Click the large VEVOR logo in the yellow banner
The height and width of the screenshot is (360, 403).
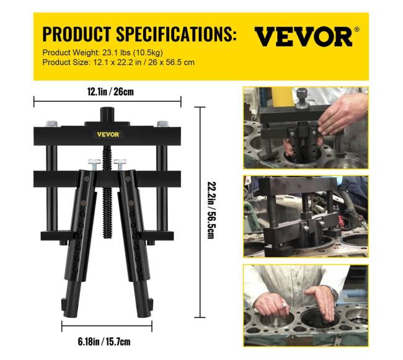(x=303, y=37)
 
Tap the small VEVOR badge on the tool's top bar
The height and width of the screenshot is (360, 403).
(x=108, y=134)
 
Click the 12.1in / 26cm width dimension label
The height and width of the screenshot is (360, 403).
(x=110, y=92)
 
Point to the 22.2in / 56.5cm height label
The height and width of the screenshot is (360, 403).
(x=211, y=210)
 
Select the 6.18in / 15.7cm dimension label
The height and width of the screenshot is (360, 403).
(x=104, y=342)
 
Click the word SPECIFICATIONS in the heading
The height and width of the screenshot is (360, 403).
(x=176, y=34)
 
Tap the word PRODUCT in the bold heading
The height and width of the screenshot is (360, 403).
(x=77, y=34)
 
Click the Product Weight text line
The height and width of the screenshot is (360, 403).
(x=102, y=53)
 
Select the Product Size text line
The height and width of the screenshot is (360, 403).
(x=118, y=63)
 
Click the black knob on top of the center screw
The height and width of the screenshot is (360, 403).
(x=107, y=115)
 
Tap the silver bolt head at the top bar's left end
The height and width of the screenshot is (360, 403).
(x=52, y=124)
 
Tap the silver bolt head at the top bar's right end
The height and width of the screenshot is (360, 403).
(x=162, y=124)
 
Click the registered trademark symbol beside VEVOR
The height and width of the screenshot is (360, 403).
(x=356, y=29)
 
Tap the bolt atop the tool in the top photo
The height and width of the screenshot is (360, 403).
(x=303, y=97)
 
